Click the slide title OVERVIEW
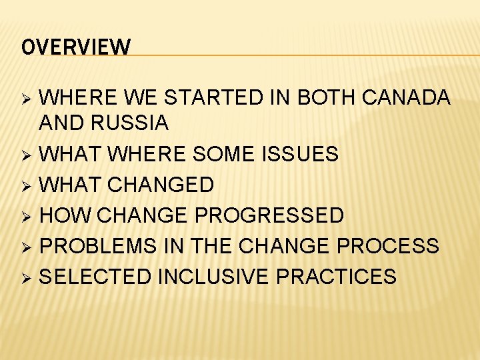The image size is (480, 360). point(76,47)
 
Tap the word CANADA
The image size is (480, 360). point(407,98)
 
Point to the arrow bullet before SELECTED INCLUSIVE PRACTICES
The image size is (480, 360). point(27,277)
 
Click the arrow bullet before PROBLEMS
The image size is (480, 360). point(27,247)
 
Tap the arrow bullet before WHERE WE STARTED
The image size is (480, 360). point(27,99)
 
